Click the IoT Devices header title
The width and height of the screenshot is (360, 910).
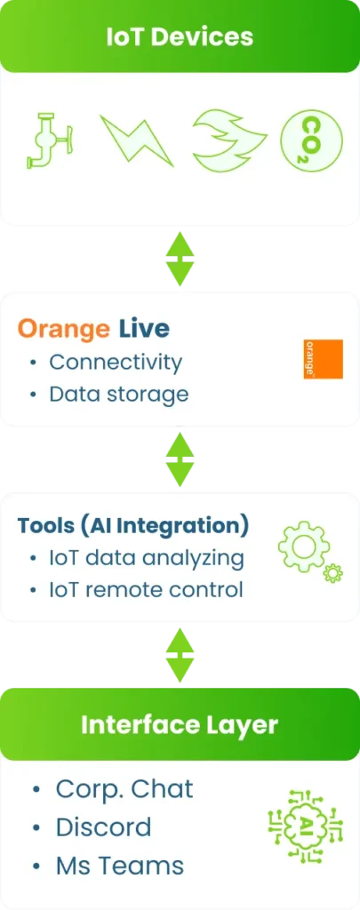click(180, 36)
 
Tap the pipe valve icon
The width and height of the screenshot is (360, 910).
click(50, 140)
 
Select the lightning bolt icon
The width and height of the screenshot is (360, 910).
click(137, 140)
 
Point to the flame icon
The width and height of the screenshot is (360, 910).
click(229, 140)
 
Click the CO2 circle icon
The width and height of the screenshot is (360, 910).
click(312, 140)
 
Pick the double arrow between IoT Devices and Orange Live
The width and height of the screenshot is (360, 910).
click(180, 259)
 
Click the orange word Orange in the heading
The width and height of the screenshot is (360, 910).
click(63, 329)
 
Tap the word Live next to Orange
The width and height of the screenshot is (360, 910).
click(145, 329)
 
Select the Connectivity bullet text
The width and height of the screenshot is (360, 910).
click(116, 363)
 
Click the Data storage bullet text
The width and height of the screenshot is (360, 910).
click(119, 394)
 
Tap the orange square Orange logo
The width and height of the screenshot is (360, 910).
click(324, 359)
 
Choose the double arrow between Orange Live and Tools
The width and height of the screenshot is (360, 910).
click(180, 459)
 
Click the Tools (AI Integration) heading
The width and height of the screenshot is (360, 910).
click(133, 526)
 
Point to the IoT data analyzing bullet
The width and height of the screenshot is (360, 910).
click(147, 558)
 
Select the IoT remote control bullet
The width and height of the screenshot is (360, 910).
click(146, 590)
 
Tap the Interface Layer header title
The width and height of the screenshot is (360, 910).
click(180, 725)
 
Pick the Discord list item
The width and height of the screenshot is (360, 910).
click(103, 827)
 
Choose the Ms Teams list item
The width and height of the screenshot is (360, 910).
click(120, 866)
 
